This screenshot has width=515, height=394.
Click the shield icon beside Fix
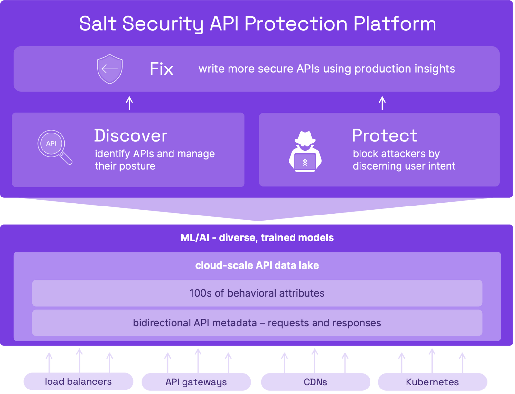(110, 69)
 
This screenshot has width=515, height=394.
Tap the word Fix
(161, 69)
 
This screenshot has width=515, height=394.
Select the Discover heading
(131, 135)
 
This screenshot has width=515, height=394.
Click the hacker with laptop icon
(305, 151)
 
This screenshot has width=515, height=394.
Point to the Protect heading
(384, 135)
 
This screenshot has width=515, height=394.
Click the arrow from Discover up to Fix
(129, 103)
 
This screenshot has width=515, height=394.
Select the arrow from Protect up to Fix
(382, 103)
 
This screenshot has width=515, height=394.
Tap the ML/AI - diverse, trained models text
(257, 238)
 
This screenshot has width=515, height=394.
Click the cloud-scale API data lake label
(257, 265)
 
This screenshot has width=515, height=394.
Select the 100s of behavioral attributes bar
(257, 293)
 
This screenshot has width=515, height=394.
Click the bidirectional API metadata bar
(257, 323)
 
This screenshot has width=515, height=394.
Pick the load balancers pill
(78, 381)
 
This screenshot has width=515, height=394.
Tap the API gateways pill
(196, 382)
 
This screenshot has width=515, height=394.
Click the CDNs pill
(315, 382)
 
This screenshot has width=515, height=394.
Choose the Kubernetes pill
(432, 382)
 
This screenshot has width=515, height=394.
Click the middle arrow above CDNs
(315, 360)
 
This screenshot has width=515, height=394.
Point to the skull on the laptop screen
(305, 162)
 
